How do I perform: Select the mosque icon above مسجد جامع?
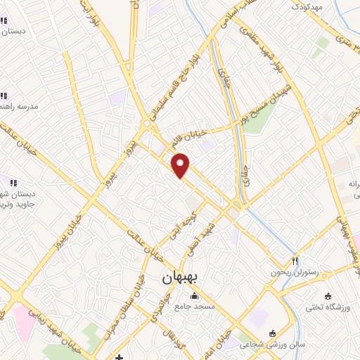click(x=194, y=295)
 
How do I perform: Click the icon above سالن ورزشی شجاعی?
click(x=273, y=333)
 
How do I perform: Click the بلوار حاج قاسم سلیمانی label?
click(x=179, y=71)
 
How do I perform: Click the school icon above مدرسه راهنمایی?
click(x=4, y=96)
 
